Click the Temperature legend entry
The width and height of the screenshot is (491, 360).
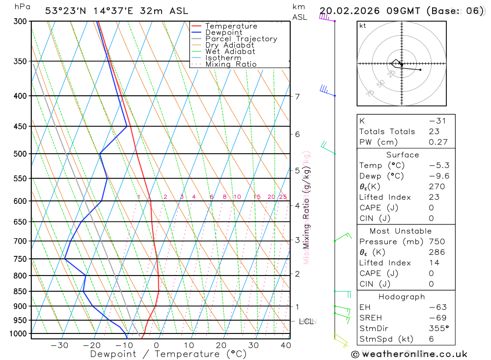coord(231,26)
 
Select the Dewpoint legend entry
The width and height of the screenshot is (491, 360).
coord(224,32)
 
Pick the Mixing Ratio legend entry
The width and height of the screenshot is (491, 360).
coord(231,64)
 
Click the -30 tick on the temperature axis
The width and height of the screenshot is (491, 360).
coord(59,345)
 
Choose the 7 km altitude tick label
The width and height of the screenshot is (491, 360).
coord(298,96)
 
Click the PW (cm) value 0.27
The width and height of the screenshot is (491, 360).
coord(438,142)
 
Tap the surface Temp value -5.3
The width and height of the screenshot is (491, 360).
coord(439,166)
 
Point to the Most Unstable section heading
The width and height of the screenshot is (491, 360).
coord(401,231)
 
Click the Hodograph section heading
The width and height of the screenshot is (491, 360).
coord(401,297)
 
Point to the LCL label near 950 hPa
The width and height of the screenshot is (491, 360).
coord(306,321)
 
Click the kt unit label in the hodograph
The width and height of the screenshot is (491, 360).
coord(362,26)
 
